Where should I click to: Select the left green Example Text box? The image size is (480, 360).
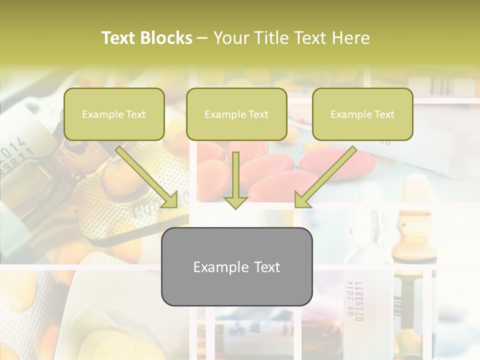(114, 114)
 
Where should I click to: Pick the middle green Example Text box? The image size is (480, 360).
(236, 114)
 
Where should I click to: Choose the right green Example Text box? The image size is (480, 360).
(362, 114)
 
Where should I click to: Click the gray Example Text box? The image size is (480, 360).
(236, 266)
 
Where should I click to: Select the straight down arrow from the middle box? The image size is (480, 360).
(235, 177)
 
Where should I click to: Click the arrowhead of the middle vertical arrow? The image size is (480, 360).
(235, 201)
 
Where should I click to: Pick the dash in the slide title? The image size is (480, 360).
(202, 38)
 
